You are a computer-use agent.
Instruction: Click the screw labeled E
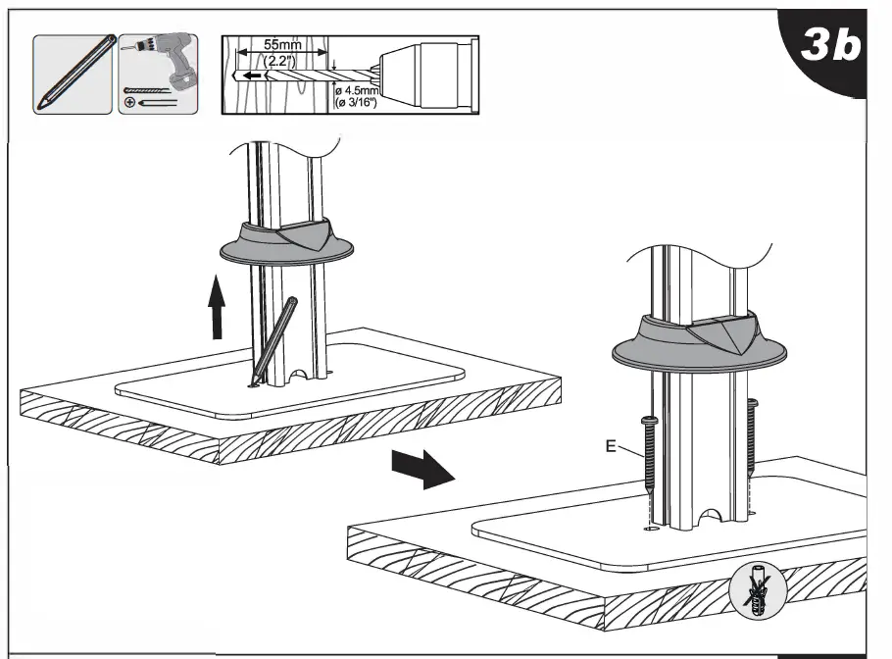point(650,461)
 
